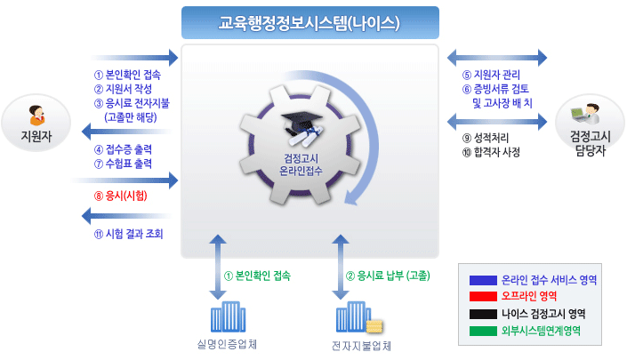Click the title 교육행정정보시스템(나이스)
(309, 23)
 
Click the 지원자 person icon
(36, 116)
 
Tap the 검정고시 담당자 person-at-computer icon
(585, 114)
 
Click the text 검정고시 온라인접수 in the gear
(301, 164)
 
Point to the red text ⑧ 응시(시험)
(121, 196)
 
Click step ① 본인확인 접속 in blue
(127, 75)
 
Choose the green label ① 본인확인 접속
(258, 276)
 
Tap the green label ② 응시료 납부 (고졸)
(388, 276)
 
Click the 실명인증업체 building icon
(228, 316)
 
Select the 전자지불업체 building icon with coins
(359, 317)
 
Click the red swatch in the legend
(483, 297)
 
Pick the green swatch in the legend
(483, 331)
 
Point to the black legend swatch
(483, 314)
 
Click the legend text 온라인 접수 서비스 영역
(549, 280)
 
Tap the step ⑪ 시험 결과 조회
(129, 234)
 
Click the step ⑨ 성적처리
(486, 138)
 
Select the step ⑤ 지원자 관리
(491, 75)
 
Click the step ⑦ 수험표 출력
(123, 164)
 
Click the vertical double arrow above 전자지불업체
(341, 267)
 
